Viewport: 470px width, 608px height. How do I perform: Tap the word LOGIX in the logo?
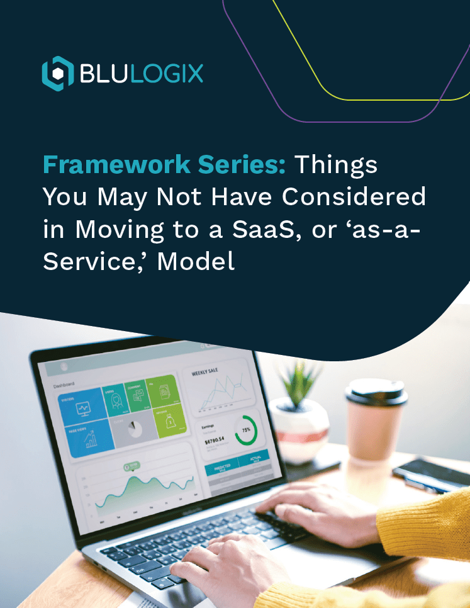169,73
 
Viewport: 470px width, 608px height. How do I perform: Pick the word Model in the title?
196,261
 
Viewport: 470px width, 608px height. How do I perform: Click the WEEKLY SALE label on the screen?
205,372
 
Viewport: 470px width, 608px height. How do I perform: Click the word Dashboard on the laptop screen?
64,385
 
